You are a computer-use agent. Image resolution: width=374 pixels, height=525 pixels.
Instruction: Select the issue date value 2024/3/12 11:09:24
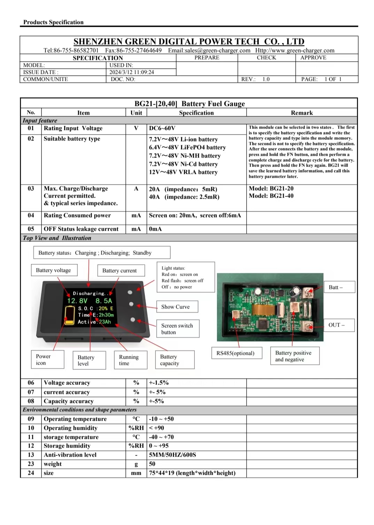pyautogui.click(x=132, y=72)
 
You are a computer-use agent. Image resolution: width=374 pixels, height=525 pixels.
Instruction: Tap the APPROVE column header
pyautogui.click(x=313, y=58)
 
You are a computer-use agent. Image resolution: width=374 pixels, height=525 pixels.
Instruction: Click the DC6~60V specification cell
pyautogui.click(x=162, y=128)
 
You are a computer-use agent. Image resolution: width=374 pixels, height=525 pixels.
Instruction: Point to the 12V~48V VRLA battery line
pyautogui.click(x=183, y=172)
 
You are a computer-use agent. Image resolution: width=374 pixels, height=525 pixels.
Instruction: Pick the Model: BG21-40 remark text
pyautogui.click(x=271, y=196)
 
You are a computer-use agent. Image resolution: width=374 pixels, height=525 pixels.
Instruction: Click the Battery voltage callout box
pyautogui.click(x=53, y=270)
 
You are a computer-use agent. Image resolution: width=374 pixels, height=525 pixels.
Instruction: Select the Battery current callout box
pyautogui.click(x=119, y=271)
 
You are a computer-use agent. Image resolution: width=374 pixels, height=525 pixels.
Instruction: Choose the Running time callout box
pyautogui.click(x=129, y=360)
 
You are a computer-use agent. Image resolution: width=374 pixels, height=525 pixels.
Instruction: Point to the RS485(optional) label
pyautogui.click(x=235, y=353)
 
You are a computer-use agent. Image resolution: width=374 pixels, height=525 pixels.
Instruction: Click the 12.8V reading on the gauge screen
pyautogui.click(x=77, y=301)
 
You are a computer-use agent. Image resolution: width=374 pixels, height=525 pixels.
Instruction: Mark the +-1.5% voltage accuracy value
pyautogui.click(x=159, y=383)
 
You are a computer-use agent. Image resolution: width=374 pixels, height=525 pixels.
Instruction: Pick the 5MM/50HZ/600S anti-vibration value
pyautogui.click(x=172, y=455)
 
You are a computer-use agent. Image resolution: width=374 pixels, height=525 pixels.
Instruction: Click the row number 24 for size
pyautogui.click(x=31, y=473)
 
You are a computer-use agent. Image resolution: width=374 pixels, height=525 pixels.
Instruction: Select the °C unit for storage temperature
pyautogui.click(x=136, y=437)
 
